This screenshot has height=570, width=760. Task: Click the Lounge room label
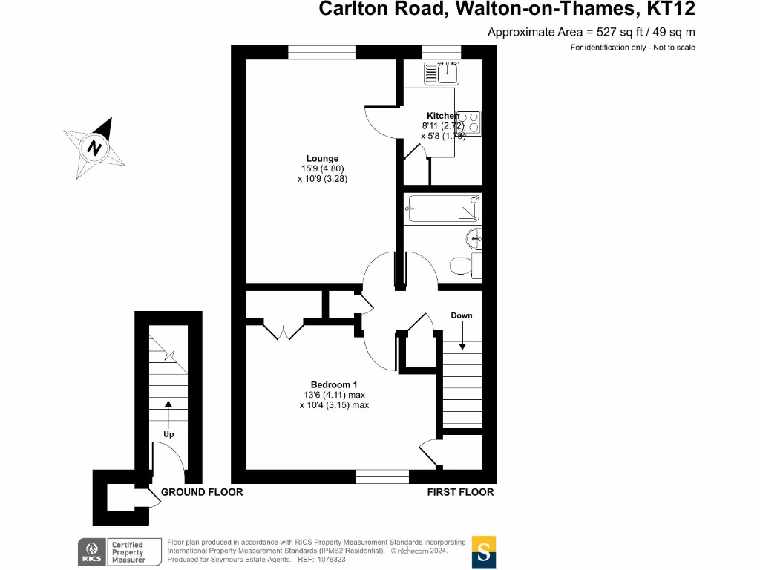(323, 158)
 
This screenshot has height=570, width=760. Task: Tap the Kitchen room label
(442, 116)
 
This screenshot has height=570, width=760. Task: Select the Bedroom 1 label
(334, 384)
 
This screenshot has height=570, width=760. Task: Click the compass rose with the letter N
(94, 147)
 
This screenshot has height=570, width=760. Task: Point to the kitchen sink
(442, 73)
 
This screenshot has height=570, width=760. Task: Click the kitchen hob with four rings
(468, 123)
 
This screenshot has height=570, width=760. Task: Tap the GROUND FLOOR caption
(202, 492)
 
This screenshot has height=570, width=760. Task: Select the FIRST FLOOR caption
(460, 492)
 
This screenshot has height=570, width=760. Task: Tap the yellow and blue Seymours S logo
(484, 552)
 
